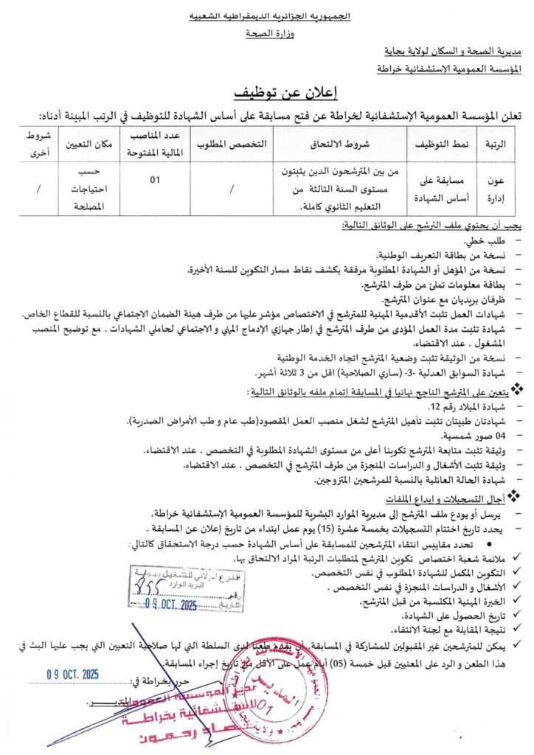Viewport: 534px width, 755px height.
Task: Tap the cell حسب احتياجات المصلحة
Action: (89, 189)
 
